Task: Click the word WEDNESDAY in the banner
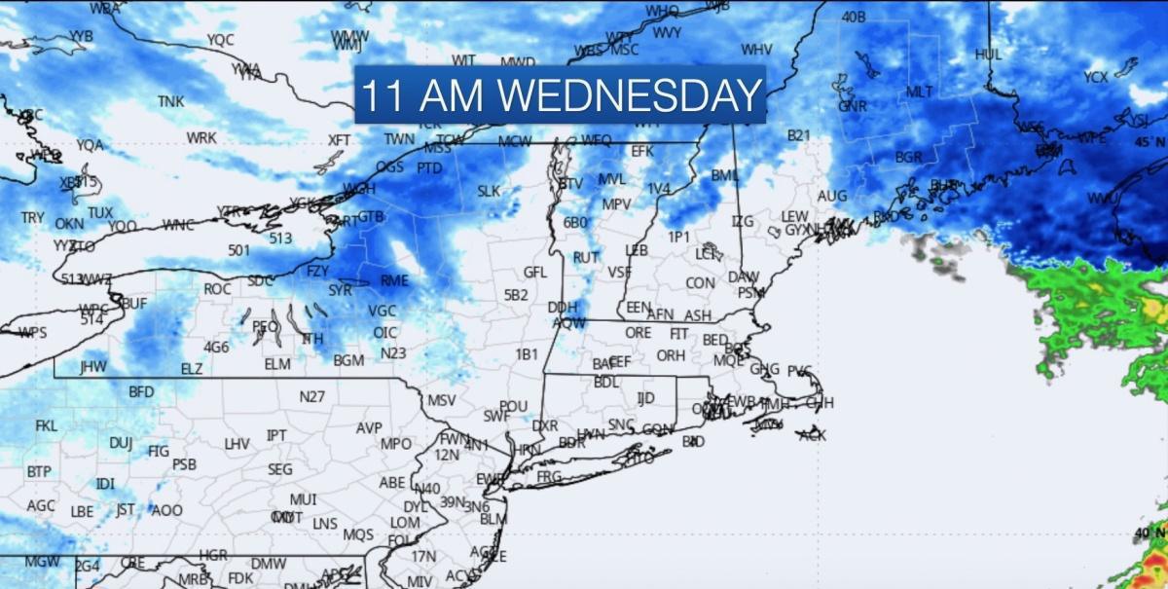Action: tap(633, 95)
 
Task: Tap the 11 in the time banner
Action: tap(380, 95)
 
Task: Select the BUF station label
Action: tap(134, 304)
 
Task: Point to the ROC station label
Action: tap(217, 289)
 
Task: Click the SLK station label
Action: tap(489, 192)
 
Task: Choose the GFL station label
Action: tap(535, 273)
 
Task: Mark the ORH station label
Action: tap(670, 356)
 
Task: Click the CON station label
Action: tap(700, 283)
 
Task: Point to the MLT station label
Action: tap(920, 92)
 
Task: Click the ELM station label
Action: tap(277, 364)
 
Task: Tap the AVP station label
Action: tap(369, 428)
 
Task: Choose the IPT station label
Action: tap(276, 435)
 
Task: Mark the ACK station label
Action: tap(812, 435)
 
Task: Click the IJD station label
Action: tap(645, 397)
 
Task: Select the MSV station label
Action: tap(442, 400)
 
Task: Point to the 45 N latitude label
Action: tap(1150, 143)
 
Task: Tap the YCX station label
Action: tap(1096, 77)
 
